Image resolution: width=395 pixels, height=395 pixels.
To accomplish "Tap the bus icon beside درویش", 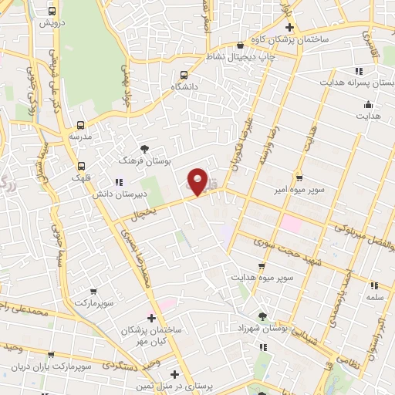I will coord(52,12).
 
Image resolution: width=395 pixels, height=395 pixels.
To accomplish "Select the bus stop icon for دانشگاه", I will coord(184,75).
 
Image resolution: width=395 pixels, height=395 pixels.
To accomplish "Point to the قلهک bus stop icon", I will coord(81,165).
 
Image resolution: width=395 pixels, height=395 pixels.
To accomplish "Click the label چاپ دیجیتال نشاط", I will coord(243,56).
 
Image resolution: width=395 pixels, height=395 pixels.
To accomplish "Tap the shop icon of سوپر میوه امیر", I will coord(296,177).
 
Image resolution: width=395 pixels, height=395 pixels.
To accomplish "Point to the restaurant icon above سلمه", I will coord(373,285).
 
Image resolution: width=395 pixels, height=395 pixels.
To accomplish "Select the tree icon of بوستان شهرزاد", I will coord(262,316).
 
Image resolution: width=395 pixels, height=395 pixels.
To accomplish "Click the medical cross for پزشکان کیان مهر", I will coord(151,317).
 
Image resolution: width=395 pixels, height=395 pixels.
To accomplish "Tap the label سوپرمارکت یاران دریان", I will coord(59,365).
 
